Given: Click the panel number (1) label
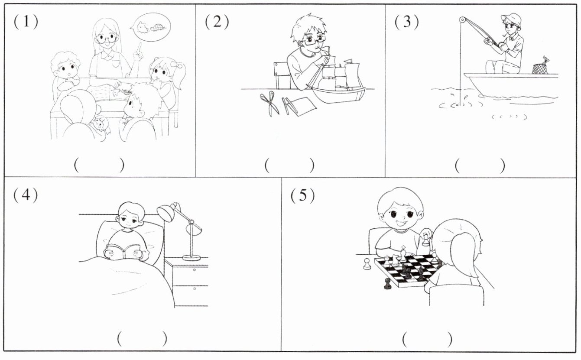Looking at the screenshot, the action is (26, 21).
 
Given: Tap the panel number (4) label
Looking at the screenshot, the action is (26, 195).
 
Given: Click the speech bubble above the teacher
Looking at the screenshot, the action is (150, 27).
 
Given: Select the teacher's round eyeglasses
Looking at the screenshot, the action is (106, 39).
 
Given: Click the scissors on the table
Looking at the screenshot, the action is (269, 103).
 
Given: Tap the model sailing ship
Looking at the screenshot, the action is (337, 81).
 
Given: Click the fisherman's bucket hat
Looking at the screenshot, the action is (511, 20).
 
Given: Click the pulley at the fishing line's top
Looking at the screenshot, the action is (462, 20).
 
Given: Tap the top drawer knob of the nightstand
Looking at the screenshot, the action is (194, 270).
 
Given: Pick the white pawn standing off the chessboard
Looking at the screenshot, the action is (367, 264).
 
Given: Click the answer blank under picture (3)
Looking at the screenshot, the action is (480, 166).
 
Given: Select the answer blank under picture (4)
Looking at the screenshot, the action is (142, 338).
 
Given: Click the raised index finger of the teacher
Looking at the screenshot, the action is (139, 48).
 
